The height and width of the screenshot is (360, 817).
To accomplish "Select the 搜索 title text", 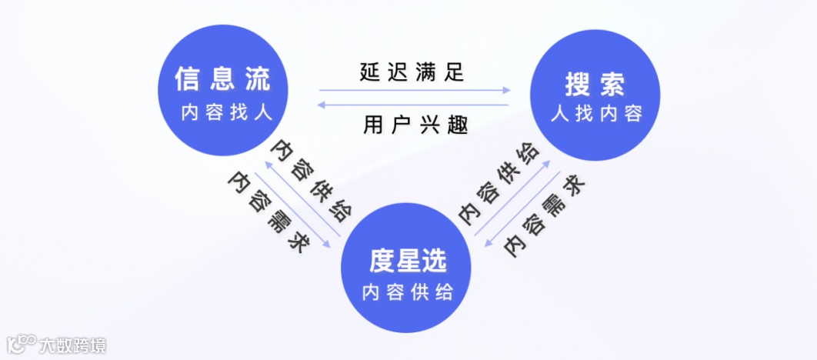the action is click(x=595, y=82).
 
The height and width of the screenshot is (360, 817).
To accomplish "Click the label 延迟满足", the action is click(x=413, y=73).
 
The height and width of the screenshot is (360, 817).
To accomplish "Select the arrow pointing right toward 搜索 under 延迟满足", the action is click(x=415, y=91).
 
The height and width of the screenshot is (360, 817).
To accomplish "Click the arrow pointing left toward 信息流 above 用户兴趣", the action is click(x=415, y=105).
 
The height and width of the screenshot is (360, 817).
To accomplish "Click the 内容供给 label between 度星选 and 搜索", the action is click(x=499, y=183).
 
